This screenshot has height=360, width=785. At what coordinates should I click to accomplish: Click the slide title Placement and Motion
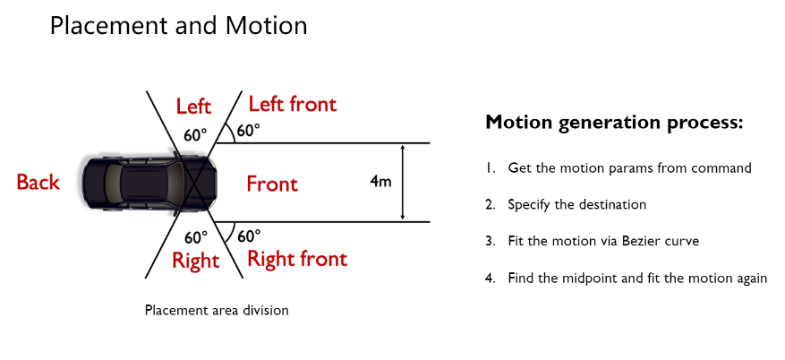(x=178, y=26)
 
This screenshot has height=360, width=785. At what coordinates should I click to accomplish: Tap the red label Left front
(x=292, y=104)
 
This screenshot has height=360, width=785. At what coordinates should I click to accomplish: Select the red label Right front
(x=296, y=260)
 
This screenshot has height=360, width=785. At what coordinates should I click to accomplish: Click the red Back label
(x=38, y=183)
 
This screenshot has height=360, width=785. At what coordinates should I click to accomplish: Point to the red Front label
(x=272, y=184)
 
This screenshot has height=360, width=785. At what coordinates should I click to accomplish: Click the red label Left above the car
(x=193, y=107)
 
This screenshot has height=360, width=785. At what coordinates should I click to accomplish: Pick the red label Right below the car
(x=195, y=261)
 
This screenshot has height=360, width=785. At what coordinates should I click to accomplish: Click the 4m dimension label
(x=380, y=182)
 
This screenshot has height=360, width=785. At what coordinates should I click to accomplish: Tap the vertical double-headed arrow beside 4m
(x=404, y=182)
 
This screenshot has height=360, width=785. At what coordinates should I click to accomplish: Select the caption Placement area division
(x=217, y=311)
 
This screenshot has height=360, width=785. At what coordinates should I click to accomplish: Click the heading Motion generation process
(x=614, y=123)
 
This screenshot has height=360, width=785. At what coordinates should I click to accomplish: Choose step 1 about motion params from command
(x=629, y=167)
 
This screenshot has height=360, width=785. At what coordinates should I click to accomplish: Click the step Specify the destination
(x=576, y=204)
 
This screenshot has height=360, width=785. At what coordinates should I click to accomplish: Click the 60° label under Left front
(x=248, y=130)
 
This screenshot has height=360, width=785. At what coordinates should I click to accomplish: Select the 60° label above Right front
(x=249, y=236)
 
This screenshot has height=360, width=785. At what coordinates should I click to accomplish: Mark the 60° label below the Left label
(x=195, y=135)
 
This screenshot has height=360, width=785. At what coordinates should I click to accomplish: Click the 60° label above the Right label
(x=195, y=237)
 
